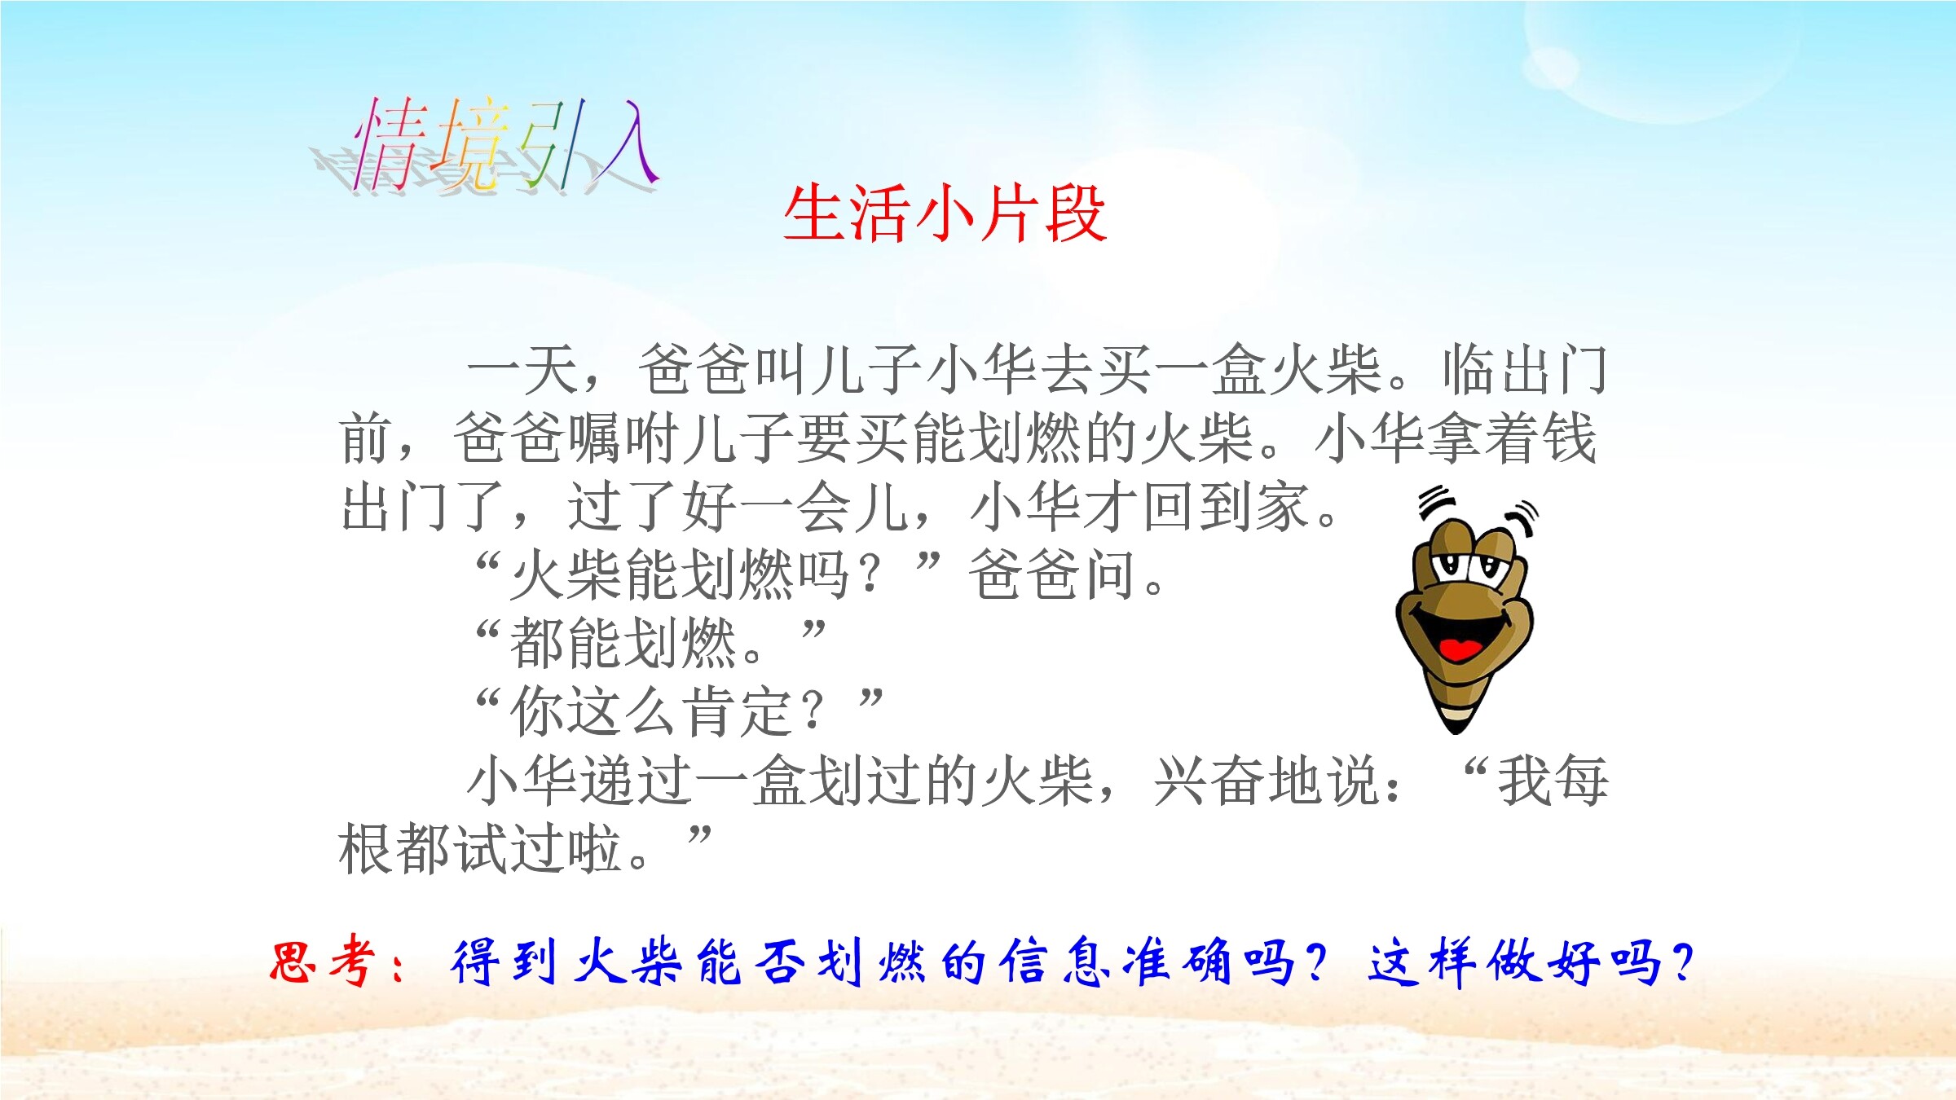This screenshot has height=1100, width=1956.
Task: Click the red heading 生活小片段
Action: tap(945, 213)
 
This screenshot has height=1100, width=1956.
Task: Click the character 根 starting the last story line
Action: tap(366, 849)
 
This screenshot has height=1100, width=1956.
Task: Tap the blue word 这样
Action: tap(1422, 962)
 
